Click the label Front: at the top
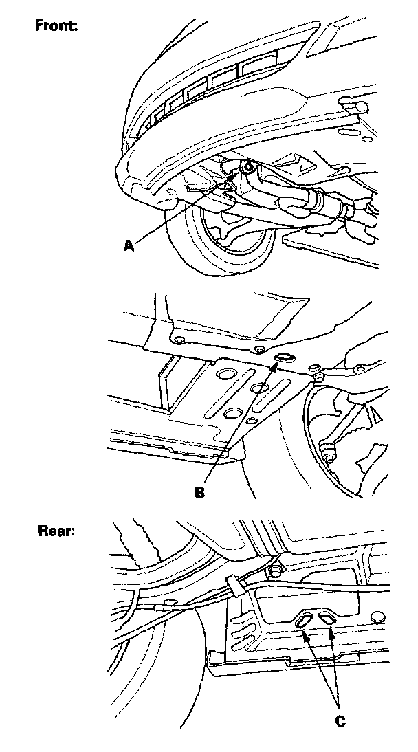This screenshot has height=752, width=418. click(57, 26)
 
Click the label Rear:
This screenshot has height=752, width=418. click(56, 531)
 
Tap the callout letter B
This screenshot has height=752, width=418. click(200, 492)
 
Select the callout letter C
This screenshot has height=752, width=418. click(340, 720)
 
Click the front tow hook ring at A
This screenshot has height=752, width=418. click(248, 168)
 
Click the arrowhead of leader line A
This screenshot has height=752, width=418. click(244, 173)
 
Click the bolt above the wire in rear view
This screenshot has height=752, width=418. click(276, 571)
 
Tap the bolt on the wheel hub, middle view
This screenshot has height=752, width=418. click(329, 452)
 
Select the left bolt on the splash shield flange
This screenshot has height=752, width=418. click(179, 342)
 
